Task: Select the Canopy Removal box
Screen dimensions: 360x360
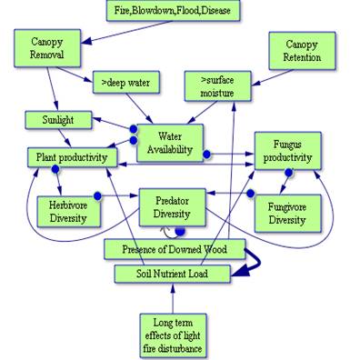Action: click(46, 50)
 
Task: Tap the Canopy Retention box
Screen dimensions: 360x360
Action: click(301, 51)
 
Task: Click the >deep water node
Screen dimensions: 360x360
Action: click(127, 84)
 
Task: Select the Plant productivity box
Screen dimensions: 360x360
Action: click(72, 157)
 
